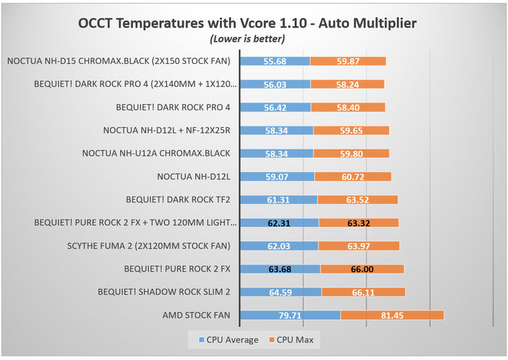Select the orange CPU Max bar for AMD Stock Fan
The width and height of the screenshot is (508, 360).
pos(392,315)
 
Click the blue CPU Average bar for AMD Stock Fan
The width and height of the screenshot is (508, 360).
pos(290,315)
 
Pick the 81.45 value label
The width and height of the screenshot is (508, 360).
pos(392,315)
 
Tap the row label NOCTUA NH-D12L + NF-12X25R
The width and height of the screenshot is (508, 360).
pos(167,131)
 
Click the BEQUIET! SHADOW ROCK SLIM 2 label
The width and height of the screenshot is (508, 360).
pos(164,292)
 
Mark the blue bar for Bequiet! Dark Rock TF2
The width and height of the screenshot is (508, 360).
pos(278,200)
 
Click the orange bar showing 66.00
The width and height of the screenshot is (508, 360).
pos(362,269)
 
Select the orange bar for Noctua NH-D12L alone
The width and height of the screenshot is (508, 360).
pos(353,176)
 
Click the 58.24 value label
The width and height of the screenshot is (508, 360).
pos(348,84)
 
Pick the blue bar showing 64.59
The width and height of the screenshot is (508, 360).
pos(280,292)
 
